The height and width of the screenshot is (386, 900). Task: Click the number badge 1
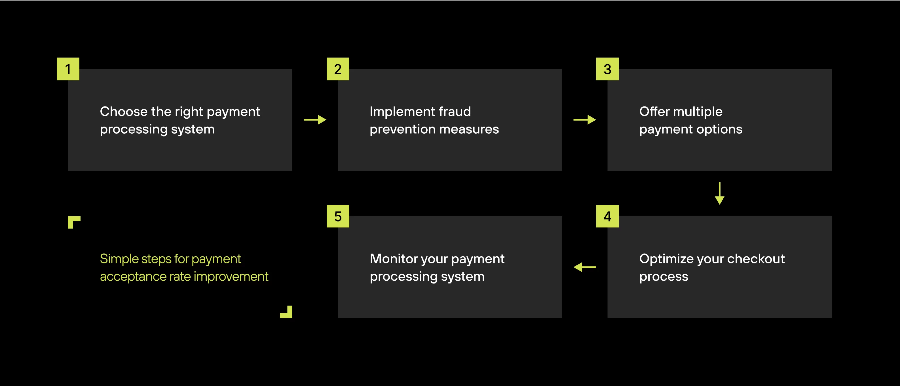tap(68, 69)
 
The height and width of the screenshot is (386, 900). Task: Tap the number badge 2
tap(337, 69)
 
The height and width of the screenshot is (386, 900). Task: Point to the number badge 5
tap(337, 216)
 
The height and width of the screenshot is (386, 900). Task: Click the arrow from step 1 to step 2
tap(315, 120)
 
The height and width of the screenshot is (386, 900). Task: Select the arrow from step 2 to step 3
tap(584, 120)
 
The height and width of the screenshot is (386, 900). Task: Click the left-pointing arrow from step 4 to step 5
tap(584, 267)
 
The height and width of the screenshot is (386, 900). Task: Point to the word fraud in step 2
tap(455, 112)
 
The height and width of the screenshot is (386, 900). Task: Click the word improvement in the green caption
tap(231, 276)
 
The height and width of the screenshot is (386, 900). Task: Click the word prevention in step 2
tap(402, 129)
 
